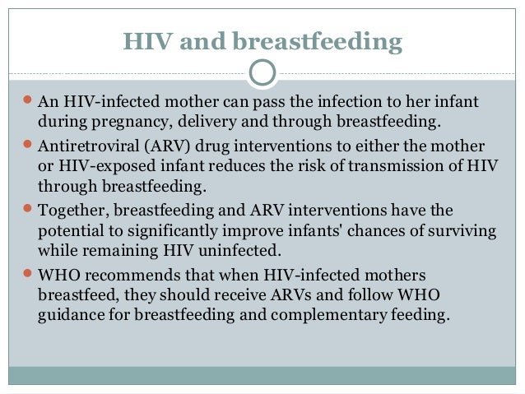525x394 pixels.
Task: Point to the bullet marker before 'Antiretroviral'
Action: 25,146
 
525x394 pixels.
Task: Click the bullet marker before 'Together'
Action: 25,211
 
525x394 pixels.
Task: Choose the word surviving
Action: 460,231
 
